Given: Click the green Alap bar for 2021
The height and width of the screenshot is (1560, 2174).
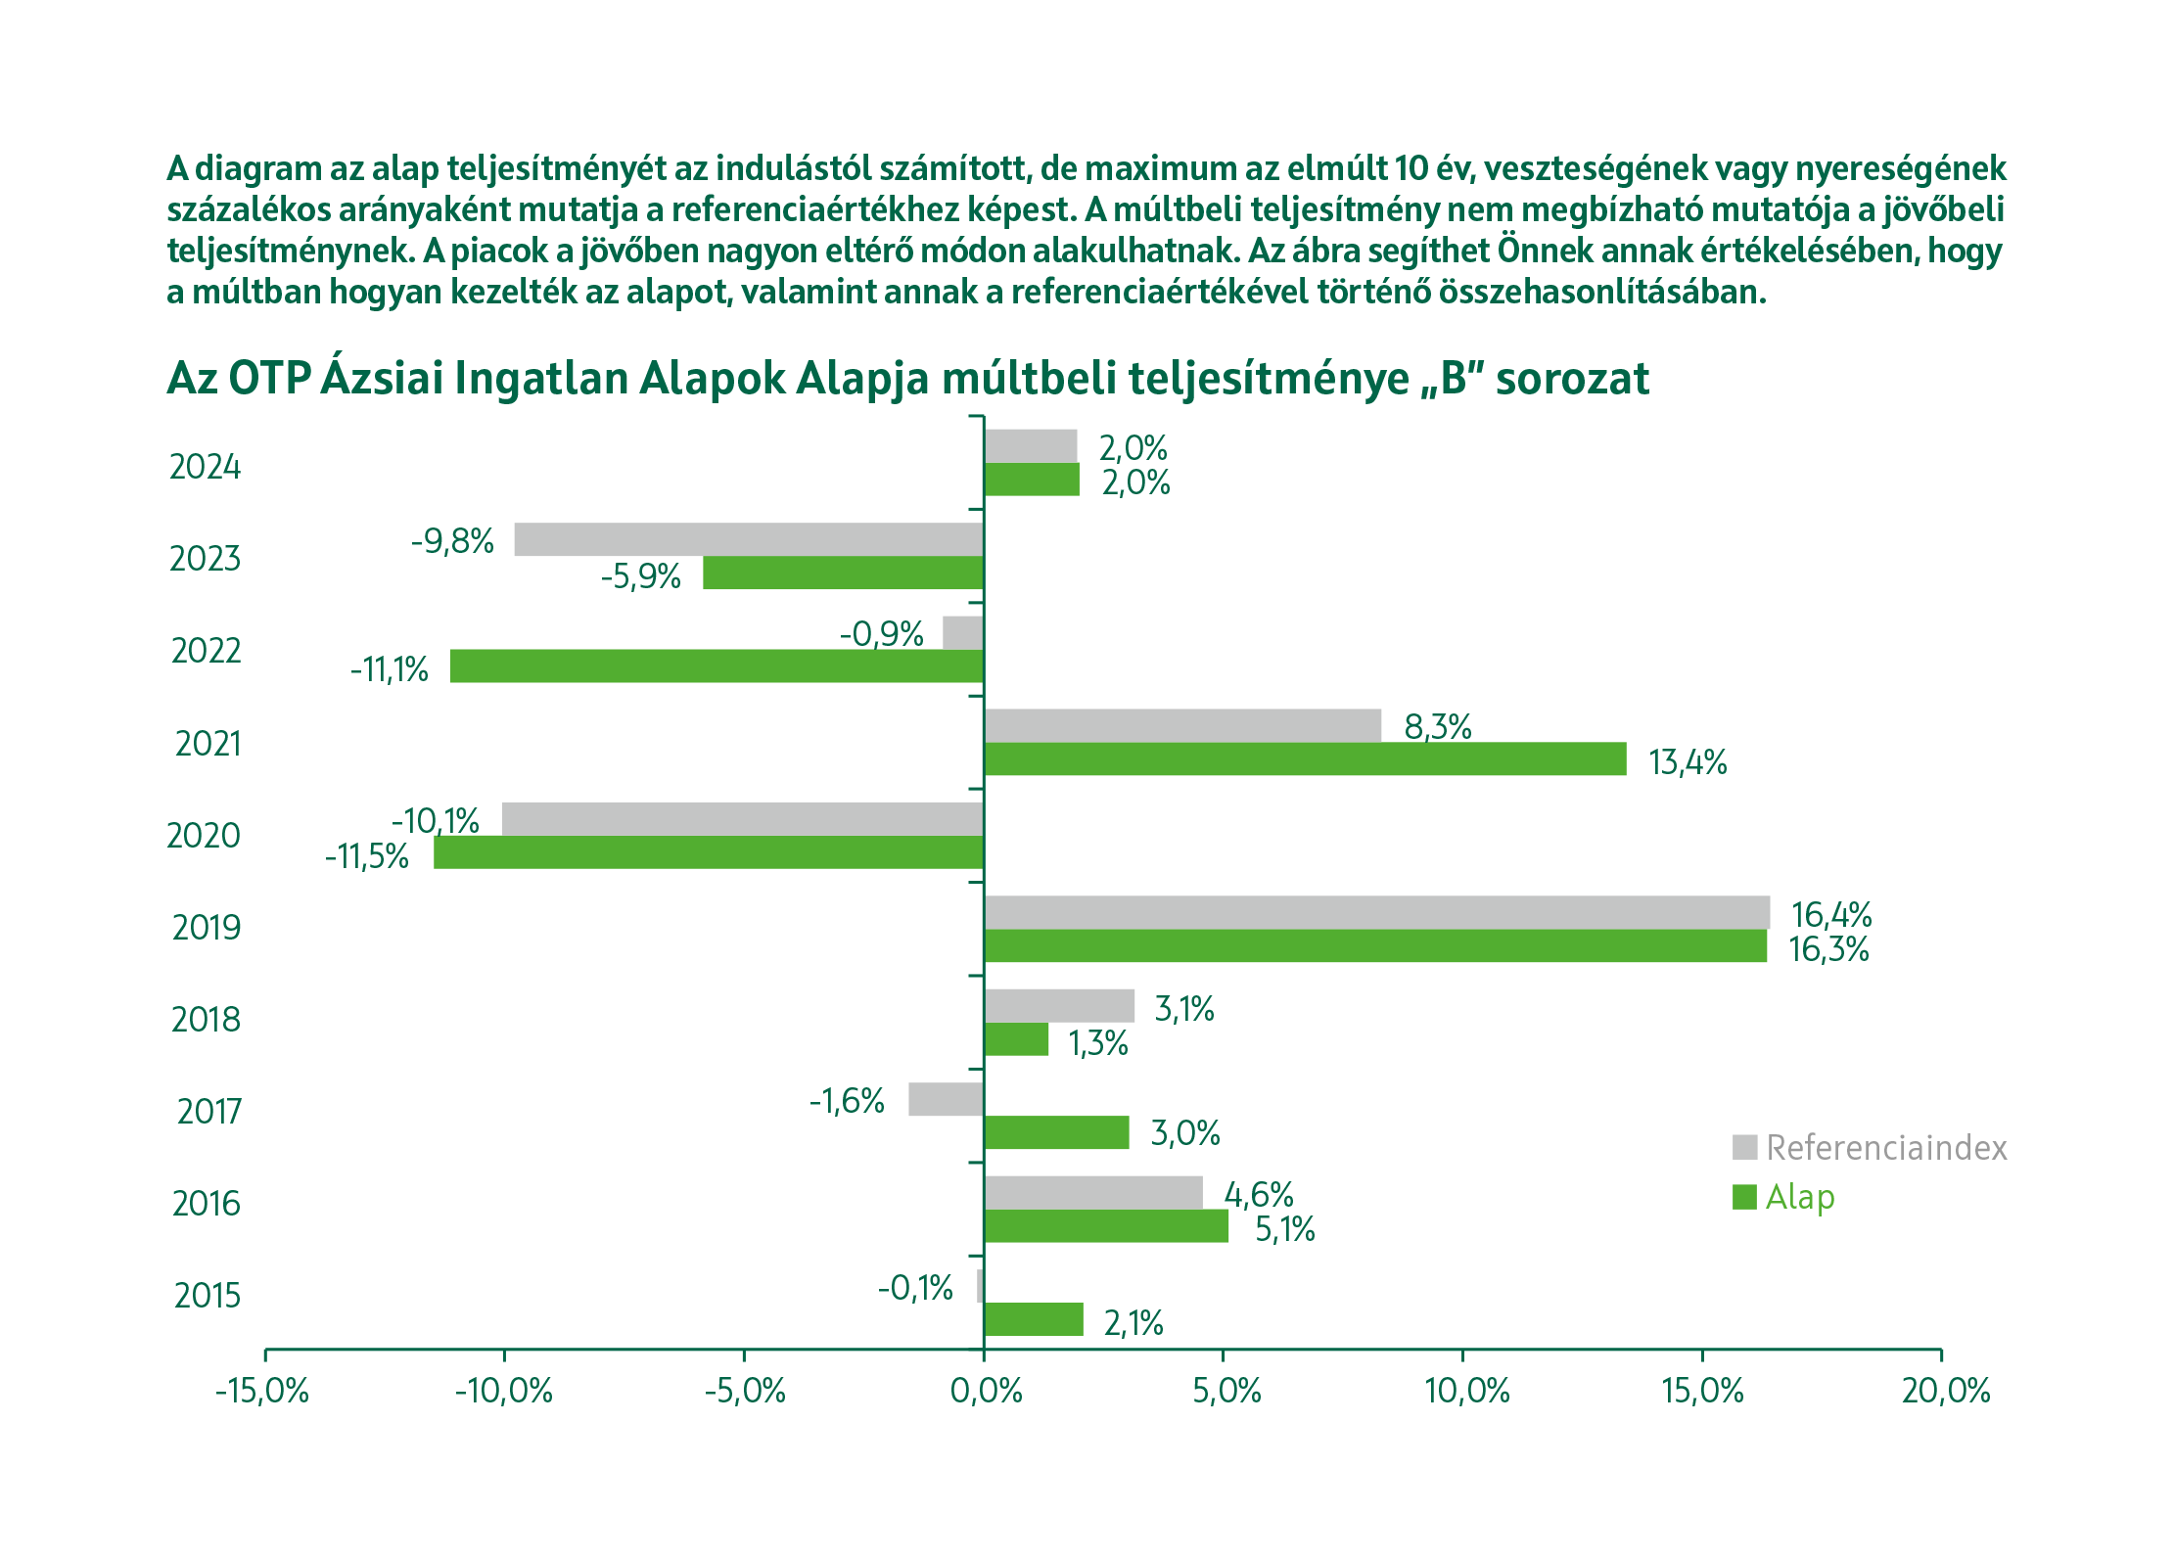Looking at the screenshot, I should [x=1305, y=759].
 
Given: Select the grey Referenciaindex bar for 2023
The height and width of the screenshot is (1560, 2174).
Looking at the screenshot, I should [x=749, y=539].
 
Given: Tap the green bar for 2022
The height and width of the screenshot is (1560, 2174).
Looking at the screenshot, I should [x=717, y=666].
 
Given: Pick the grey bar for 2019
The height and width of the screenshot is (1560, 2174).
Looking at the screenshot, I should [x=1376, y=912].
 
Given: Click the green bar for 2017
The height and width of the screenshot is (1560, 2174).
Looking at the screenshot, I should [x=1056, y=1132].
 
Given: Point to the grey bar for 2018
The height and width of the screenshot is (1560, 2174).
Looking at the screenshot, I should [x=1059, y=1006].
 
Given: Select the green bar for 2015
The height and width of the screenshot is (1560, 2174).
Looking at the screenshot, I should [x=1034, y=1319].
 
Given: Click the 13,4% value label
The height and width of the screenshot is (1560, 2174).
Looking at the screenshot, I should [x=1688, y=762].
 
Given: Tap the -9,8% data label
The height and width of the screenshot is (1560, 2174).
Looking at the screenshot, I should [x=452, y=541].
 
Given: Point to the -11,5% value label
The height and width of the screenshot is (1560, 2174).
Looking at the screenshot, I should [x=367, y=857].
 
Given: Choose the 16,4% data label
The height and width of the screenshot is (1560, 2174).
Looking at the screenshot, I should [x=1830, y=915].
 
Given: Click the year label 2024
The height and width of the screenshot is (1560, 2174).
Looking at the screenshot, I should [x=205, y=468].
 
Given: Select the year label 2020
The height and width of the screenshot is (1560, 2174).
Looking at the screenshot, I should [x=204, y=836].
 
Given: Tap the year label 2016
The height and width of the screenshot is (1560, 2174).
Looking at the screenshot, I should [x=206, y=1204].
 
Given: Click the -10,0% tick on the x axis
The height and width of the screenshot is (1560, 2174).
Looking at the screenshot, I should [x=504, y=1391].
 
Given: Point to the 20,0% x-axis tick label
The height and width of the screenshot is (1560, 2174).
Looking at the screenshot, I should [x=1945, y=1391].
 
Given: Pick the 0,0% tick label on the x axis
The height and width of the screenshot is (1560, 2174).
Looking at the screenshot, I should [x=986, y=1391].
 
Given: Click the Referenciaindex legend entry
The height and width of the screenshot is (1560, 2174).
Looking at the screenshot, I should [x=1885, y=1148].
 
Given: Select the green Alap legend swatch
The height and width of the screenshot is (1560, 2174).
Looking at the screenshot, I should [x=1744, y=1197].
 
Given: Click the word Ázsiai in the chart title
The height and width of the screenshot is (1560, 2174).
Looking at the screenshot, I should [x=381, y=379].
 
